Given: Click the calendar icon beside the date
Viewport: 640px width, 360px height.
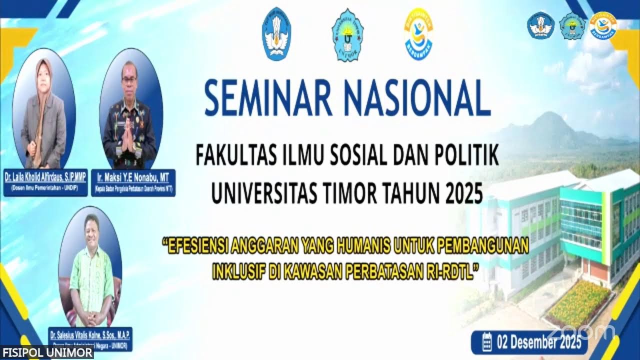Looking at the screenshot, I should (x=486, y=342).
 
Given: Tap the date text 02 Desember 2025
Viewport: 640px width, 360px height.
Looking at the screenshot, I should (x=538, y=343).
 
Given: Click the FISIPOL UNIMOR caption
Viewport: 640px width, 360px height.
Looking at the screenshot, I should (x=46, y=353).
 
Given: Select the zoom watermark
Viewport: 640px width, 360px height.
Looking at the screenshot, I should (x=580, y=331).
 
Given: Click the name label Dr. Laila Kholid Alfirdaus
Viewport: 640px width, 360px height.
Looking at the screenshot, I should (x=45, y=177).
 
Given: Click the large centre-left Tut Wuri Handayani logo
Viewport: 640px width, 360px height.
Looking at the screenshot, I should (x=276, y=33).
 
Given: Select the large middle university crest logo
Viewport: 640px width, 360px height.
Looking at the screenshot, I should (x=347, y=34).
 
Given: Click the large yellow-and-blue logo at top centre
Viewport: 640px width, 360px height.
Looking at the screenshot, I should (x=418, y=33).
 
